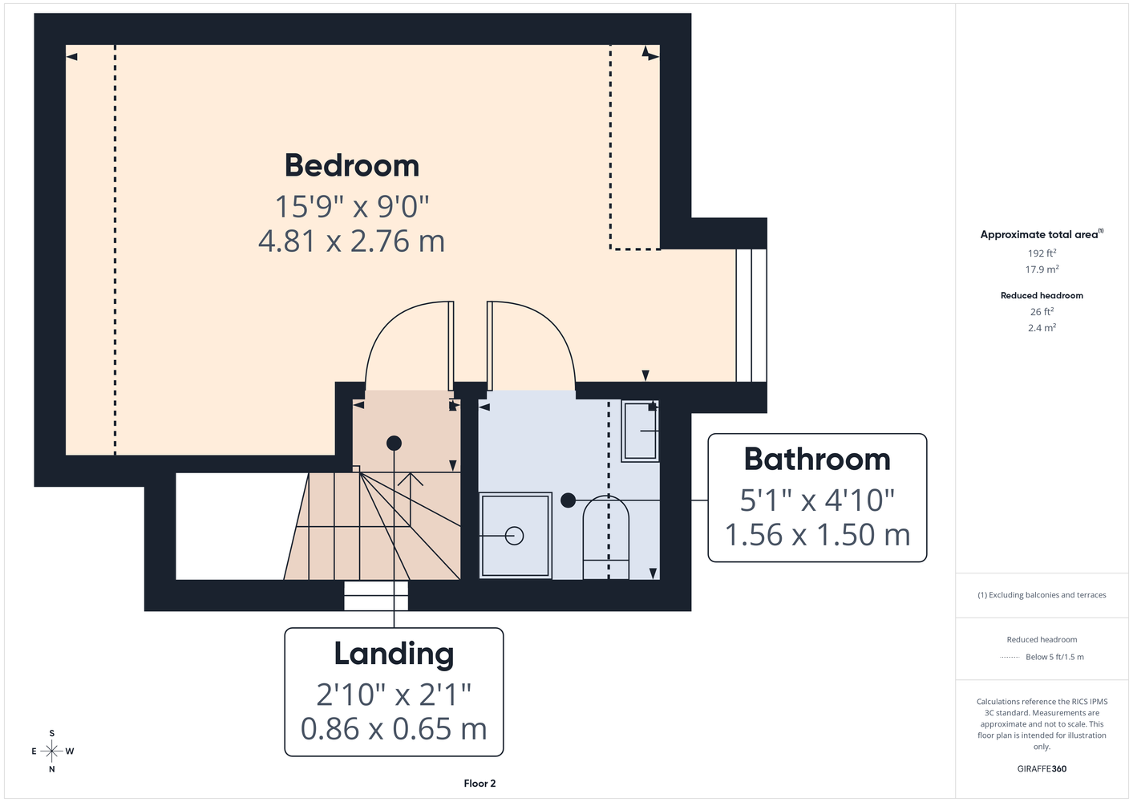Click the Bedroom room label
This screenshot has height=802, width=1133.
click(x=352, y=165)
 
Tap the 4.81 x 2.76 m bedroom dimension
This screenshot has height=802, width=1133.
click(x=351, y=241)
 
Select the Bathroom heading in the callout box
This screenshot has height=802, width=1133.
click(x=817, y=460)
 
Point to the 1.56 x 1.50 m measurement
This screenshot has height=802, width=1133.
click(x=817, y=534)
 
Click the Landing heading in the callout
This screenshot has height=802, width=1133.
click(x=394, y=654)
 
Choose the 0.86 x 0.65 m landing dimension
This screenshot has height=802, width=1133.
click(x=394, y=729)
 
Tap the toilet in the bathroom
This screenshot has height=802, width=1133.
click(x=606, y=537)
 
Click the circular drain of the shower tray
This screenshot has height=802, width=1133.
click(x=514, y=536)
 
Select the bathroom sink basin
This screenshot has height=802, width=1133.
click(x=640, y=431)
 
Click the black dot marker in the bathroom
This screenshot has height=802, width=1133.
click(x=568, y=500)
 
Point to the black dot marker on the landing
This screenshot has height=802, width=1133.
click(x=394, y=444)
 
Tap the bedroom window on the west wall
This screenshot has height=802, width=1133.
click(x=751, y=315)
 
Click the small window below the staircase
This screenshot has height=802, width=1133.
click(x=376, y=596)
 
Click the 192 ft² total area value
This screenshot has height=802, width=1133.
click(x=1042, y=253)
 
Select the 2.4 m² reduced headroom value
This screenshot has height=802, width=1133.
click(x=1042, y=328)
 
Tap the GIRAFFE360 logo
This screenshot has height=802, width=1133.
click(x=1042, y=768)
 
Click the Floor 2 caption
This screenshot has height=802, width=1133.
click(x=480, y=784)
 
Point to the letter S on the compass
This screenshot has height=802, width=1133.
click(x=51, y=733)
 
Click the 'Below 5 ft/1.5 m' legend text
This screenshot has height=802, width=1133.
click(x=1054, y=657)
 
